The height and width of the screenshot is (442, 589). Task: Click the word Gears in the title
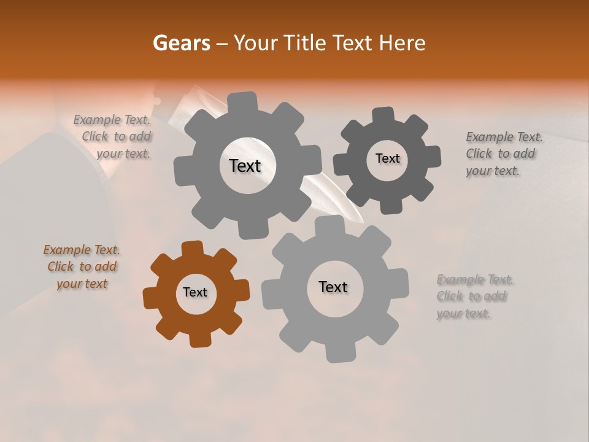click(x=181, y=43)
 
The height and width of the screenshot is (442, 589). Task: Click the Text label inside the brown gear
click(x=195, y=293)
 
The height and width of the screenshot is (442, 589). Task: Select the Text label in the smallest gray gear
click(x=387, y=158)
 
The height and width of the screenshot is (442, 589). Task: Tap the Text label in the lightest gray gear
click(x=333, y=287)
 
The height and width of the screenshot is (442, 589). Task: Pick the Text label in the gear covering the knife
click(x=245, y=166)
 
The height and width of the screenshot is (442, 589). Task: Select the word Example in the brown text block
click(x=66, y=250)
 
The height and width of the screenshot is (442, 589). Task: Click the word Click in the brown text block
click(x=60, y=266)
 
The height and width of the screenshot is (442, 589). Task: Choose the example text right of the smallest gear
click(x=504, y=153)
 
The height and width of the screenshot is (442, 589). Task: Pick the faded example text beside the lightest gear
click(x=474, y=297)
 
